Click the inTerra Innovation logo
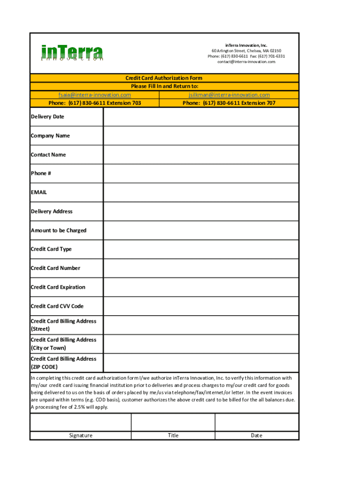coord(72,52)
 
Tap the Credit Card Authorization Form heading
coord(164,78)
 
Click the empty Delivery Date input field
coord(201,117)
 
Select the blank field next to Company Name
coord(201,136)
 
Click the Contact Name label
coord(48,155)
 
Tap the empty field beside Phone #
coord(201,174)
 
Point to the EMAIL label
coord(39,192)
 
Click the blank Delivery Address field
coord(201,211)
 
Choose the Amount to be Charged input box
coord(201,230)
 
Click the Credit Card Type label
coord(51,249)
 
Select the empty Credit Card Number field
coord(201,268)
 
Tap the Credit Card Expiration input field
coord(201,287)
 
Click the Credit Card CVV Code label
coord(57,306)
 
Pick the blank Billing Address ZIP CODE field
coord(201,363)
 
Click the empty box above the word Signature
coord(80,422)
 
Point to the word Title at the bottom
coord(173,435)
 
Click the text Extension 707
coord(258,103)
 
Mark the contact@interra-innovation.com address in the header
coord(246,62)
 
